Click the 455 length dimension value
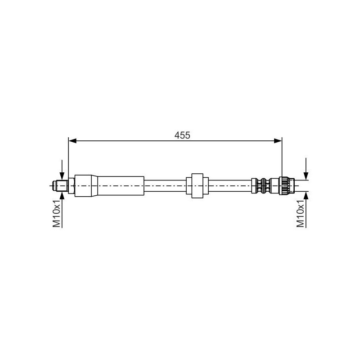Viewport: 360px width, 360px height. pos(183,135)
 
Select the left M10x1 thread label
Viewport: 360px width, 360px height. pos(57,214)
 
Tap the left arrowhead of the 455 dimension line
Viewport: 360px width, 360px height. pos(72,141)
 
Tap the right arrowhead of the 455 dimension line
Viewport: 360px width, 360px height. pos(278,141)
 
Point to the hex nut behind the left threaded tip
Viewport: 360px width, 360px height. pos(71,185)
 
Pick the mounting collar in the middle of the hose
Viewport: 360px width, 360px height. pos(197,185)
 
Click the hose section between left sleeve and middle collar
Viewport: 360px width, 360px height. pos(165,185)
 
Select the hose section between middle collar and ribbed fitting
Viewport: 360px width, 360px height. pos(229,185)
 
